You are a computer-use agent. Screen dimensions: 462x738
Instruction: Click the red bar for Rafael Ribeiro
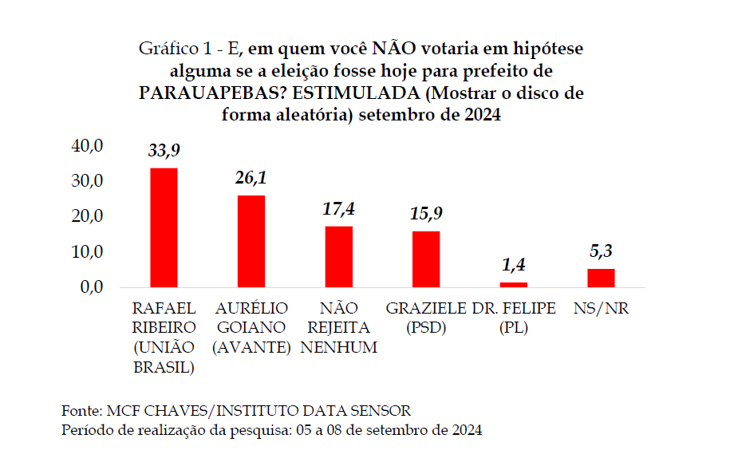[x=164, y=227]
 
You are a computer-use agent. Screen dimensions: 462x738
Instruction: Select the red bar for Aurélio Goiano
[x=251, y=241]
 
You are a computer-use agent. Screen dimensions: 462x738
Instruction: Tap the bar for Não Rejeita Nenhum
[x=338, y=256]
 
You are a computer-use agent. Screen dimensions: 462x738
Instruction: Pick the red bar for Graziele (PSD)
[x=425, y=259]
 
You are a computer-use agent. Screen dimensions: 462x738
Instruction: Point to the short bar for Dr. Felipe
[x=513, y=284]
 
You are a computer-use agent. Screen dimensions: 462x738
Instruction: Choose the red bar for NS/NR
[x=601, y=278]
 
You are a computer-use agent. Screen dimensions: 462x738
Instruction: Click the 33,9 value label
[x=164, y=150]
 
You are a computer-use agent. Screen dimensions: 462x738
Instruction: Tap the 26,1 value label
[x=251, y=178]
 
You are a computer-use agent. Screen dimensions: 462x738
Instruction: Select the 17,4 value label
[x=338, y=209]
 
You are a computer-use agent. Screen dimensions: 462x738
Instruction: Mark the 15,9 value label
[x=426, y=214]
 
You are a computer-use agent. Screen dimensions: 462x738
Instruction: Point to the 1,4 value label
[x=513, y=265]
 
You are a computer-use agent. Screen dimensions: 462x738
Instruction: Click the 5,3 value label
[x=601, y=251]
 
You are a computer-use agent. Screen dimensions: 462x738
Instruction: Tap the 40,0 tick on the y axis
[x=88, y=146]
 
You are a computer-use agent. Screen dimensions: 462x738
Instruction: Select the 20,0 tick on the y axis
[x=88, y=216]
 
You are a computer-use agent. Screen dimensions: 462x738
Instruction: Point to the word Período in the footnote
[x=88, y=430]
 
